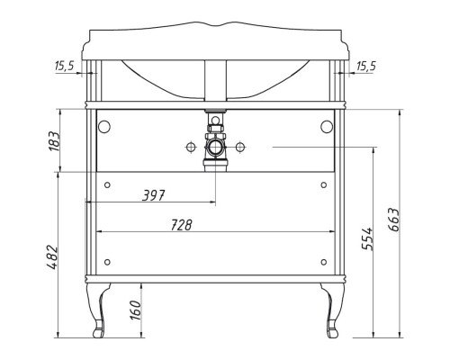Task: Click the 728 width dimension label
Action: click(x=181, y=225)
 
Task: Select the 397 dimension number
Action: click(x=154, y=195)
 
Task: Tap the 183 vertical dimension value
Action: click(x=55, y=141)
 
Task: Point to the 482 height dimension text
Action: click(x=51, y=257)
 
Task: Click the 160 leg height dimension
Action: click(x=136, y=310)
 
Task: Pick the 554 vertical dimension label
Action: click(x=367, y=238)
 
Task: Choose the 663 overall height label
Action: click(x=393, y=220)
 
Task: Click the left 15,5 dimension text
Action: click(x=65, y=66)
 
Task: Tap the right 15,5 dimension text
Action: click(x=366, y=66)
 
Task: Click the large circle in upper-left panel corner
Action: click(x=104, y=127)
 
